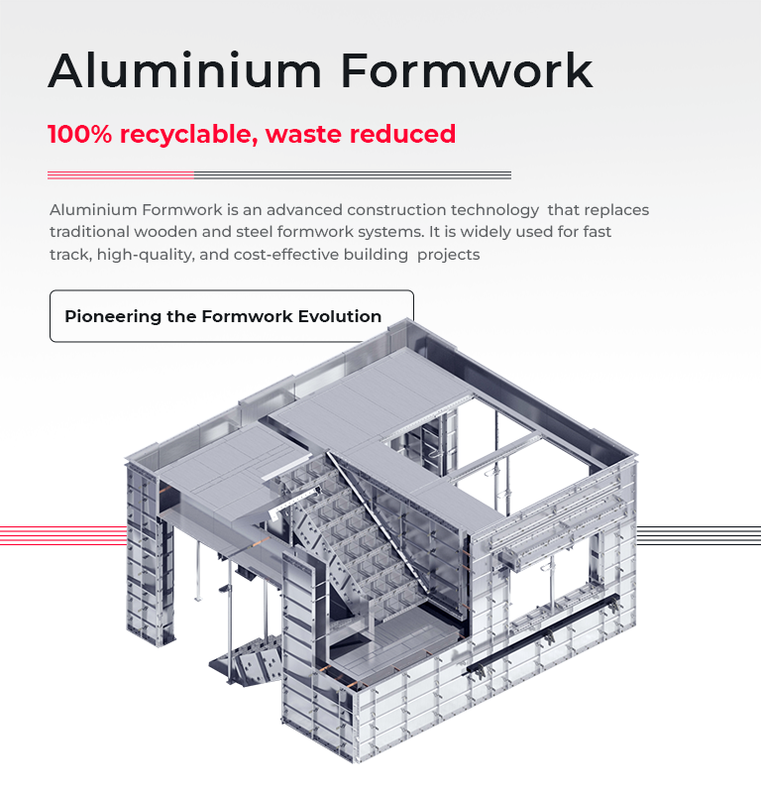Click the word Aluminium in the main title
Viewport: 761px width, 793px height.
(183, 70)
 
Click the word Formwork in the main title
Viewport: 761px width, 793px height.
(467, 70)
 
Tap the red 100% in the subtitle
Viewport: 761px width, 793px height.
(79, 134)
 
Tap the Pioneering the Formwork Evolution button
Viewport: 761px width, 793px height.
(231, 316)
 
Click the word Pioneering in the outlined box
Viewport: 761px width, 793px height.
(114, 317)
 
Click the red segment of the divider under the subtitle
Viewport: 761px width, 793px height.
(120, 175)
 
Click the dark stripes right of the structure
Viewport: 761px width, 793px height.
(698, 535)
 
